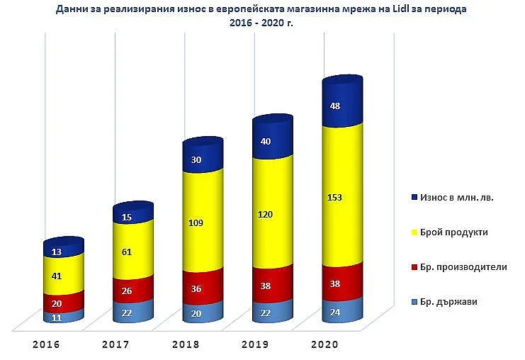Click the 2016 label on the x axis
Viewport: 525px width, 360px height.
45,344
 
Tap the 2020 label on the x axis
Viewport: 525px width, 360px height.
324,344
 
